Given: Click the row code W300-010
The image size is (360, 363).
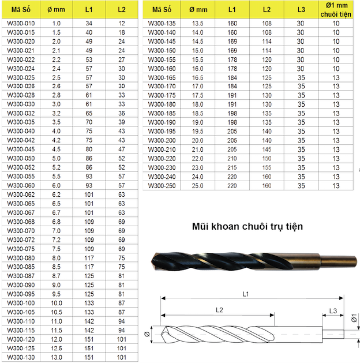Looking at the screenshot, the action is (21, 24).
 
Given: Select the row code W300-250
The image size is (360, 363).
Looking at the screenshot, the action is (162, 186).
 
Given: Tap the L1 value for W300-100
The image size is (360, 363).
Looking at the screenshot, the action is (89, 303).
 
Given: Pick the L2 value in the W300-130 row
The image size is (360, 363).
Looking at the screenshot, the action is (122, 357).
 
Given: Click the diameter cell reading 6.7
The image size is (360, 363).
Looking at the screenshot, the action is (56, 212).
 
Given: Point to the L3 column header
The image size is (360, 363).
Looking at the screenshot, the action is (301, 9).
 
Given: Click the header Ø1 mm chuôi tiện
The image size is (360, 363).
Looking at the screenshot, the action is (336, 10).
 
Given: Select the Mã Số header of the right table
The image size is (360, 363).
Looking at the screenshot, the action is (162, 9).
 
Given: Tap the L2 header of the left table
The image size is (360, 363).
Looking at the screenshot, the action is (122, 9).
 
